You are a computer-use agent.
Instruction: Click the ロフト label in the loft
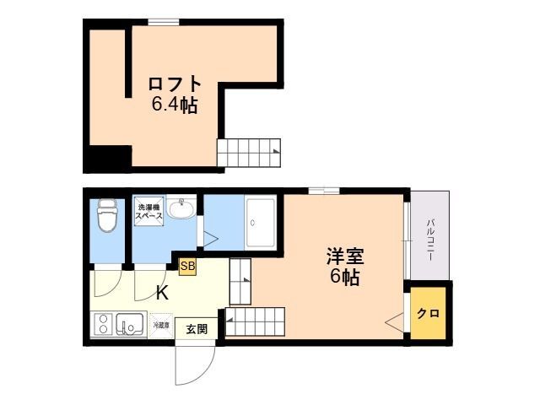[x=175, y=84]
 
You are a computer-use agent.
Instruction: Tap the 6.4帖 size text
[x=175, y=105]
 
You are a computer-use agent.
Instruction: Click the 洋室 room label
[x=345, y=256]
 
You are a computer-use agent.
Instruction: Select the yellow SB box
[x=187, y=267]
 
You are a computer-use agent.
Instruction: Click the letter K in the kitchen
[x=162, y=293]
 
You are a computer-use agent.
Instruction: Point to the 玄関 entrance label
[x=197, y=329]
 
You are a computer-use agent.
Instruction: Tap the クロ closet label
[x=428, y=314]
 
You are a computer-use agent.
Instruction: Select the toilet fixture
[x=107, y=215]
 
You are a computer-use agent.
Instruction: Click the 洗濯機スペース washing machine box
[x=148, y=212]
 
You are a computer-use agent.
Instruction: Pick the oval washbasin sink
[x=181, y=208]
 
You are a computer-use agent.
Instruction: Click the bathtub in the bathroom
[x=261, y=224]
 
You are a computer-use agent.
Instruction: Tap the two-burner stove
[x=103, y=323]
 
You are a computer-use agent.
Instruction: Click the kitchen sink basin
[x=130, y=324]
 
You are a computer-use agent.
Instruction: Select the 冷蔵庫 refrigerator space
[x=161, y=325]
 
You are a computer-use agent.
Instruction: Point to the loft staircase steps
[x=249, y=153]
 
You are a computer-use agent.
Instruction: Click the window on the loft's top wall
[x=164, y=23]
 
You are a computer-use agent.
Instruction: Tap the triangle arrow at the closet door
[x=394, y=322]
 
